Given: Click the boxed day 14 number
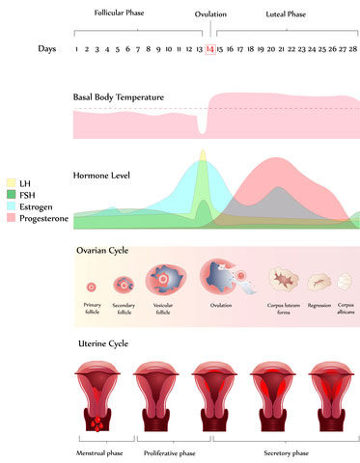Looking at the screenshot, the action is tap(210, 48).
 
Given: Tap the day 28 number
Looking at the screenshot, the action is tap(354, 48).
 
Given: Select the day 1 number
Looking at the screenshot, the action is tap(76, 48).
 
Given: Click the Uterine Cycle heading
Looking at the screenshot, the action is tap(102, 344).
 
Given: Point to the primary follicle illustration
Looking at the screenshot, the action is tap(92, 286).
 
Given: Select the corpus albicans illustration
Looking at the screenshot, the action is tap(345, 282).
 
